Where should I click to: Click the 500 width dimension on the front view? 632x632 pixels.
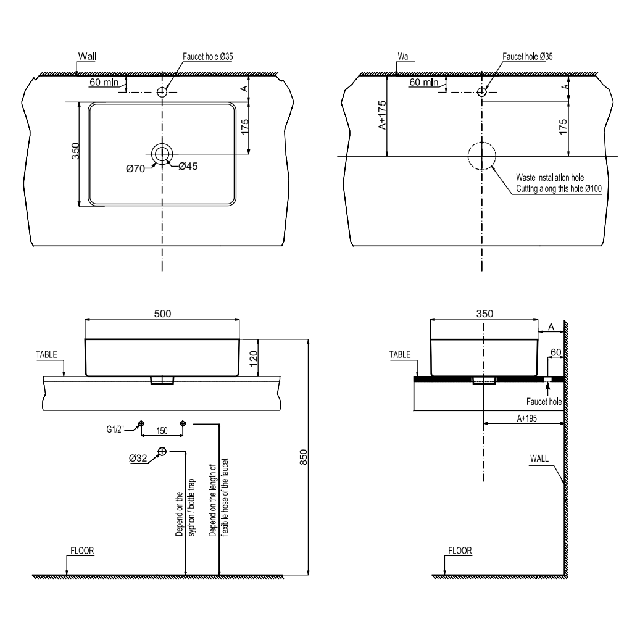click(162, 314)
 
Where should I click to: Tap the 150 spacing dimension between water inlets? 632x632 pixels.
click(162, 430)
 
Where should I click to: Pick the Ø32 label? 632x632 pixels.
click(138, 458)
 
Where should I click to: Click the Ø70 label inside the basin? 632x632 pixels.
click(135, 168)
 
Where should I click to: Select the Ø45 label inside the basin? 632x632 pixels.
click(188, 167)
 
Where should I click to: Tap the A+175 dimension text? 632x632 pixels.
click(381, 115)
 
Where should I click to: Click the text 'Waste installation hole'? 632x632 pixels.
click(549, 178)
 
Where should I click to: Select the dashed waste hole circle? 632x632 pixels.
click(481, 156)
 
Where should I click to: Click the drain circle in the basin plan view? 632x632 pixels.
click(163, 154)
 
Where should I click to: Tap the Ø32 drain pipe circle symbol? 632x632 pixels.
click(162, 451)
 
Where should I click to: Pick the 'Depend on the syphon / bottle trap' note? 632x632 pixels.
click(185, 506)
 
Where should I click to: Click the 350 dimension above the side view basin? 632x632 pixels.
click(485, 314)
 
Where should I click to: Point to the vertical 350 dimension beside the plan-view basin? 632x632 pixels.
click(75, 151)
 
